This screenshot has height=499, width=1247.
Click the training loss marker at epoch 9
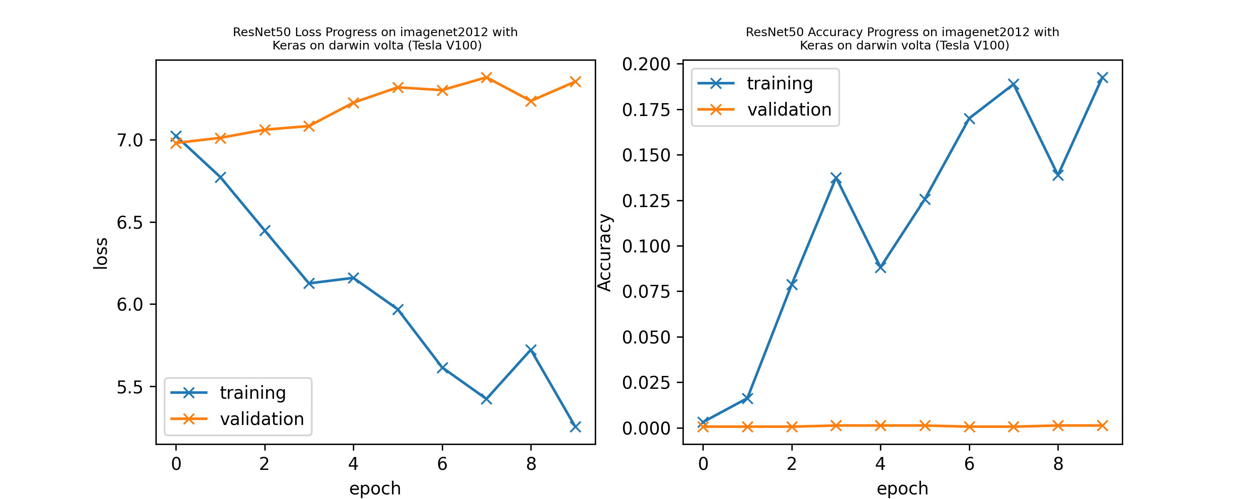point(575,426)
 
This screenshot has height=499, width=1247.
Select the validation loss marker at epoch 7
point(486,77)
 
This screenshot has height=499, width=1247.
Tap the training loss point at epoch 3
point(309,284)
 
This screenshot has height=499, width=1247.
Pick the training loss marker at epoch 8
point(531,350)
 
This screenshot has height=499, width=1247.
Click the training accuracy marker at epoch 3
point(836,178)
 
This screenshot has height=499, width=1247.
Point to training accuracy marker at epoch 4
point(880,267)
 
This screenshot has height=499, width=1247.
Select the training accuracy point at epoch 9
point(1102,78)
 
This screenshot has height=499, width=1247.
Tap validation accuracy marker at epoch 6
point(969,426)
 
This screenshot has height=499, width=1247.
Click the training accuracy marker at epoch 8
point(1058,174)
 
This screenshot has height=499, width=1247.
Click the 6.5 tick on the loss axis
point(130,222)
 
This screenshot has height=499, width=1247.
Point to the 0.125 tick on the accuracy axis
point(646,200)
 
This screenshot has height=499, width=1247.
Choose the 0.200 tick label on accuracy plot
point(646,64)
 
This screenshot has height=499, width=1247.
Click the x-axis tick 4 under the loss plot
point(353,464)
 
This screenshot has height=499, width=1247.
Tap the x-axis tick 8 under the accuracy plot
point(1058,464)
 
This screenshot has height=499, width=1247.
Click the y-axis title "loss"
point(101,253)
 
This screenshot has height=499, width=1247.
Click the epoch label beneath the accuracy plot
point(902,488)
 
